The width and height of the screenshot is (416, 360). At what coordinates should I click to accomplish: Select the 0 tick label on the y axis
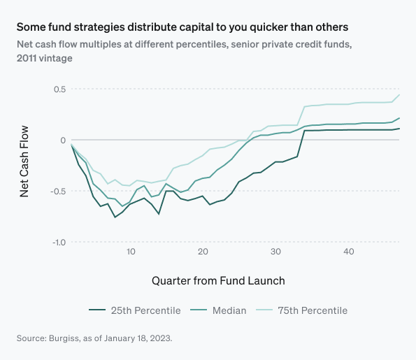coord(62,141)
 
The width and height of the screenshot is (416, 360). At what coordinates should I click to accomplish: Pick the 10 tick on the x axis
coord(130,252)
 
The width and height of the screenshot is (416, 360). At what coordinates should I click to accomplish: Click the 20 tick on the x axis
coord(203,252)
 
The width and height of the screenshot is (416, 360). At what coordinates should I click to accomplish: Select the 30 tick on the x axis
coord(275,252)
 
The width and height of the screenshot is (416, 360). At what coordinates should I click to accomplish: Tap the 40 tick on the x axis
coord(348,252)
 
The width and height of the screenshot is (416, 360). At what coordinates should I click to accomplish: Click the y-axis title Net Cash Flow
coord(24,161)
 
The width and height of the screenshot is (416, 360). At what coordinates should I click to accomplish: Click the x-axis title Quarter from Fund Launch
coord(218,280)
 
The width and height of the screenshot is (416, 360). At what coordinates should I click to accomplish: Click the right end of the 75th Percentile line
coord(399,94)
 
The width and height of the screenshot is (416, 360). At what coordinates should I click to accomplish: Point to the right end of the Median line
coord(399,118)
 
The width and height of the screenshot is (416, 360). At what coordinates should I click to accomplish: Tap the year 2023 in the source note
coord(160,338)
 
